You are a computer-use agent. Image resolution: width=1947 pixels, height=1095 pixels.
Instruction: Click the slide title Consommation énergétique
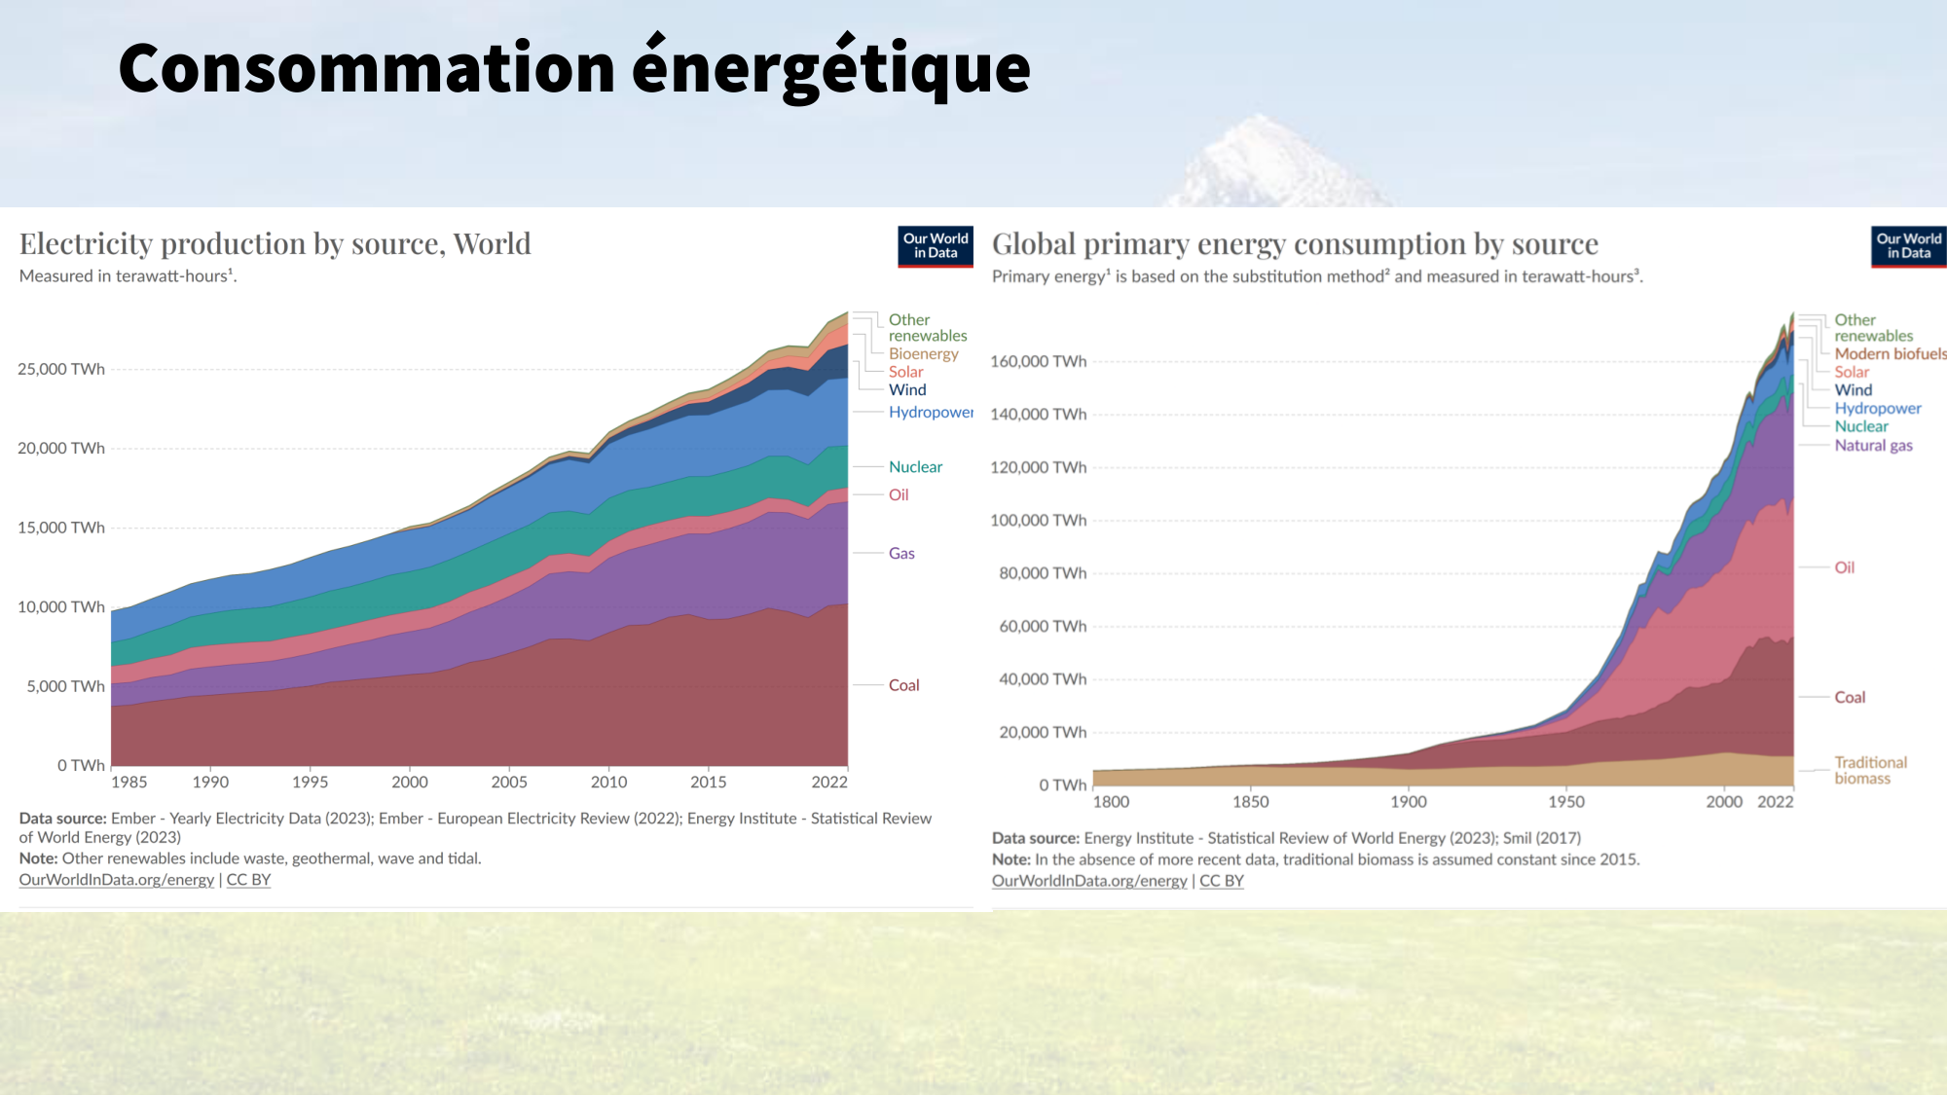[573, 69]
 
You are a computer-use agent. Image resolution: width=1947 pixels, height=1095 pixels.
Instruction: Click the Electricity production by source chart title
[276, 243]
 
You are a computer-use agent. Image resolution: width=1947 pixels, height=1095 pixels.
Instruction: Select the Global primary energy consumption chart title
[1295, 243]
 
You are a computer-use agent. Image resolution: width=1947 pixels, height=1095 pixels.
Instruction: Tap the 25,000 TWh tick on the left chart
[61, 369]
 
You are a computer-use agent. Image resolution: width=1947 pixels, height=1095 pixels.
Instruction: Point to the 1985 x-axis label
[129, 782]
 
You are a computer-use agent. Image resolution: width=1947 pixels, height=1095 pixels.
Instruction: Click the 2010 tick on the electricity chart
[608, 782]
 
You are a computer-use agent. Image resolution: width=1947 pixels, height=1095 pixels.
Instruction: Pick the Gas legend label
[901, 553]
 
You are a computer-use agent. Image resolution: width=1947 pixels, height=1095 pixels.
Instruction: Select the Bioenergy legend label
[923, 353]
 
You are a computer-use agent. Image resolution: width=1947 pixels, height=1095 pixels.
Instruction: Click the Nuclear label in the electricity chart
[915, 467]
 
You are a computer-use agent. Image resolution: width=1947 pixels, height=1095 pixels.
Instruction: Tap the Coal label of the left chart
[903, 685]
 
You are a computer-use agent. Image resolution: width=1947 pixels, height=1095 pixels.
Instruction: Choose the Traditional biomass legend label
[1870, 770]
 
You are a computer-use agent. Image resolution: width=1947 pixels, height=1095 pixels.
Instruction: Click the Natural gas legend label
[1873, 445]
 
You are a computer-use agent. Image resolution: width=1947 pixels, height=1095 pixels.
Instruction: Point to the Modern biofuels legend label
[1890, 353]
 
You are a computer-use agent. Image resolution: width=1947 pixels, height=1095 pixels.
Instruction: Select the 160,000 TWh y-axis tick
[1038, 361]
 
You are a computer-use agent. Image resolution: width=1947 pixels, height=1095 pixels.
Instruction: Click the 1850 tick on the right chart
[1250, 802]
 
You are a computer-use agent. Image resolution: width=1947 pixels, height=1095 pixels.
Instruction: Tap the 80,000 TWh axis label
[1042, 573]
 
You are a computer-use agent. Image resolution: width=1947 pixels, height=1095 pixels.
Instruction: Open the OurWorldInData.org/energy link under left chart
[117, 880]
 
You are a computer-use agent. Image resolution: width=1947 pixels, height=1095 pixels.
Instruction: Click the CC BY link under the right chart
[1221, 881]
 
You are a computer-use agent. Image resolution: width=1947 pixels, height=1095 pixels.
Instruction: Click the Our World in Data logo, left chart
[935, 246]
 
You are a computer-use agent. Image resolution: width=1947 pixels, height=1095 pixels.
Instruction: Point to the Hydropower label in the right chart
[1877, 409]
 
